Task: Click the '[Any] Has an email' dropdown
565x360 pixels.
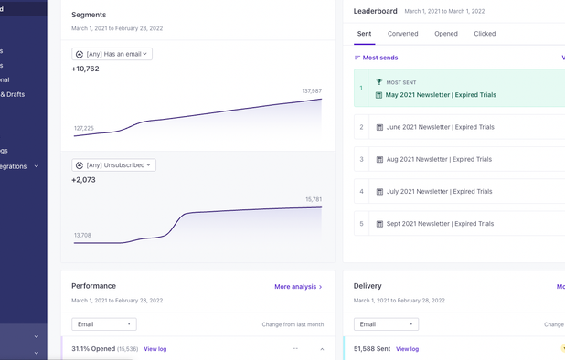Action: pos(112,54)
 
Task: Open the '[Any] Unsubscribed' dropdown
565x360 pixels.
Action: pos(113,165)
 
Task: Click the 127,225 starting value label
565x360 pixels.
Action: pos(83,128)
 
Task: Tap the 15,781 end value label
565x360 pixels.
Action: pos(314,199)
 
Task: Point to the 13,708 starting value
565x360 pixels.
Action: pos(81,235)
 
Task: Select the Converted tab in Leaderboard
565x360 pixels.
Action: pos(402,34)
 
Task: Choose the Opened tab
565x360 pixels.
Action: pos(446,34)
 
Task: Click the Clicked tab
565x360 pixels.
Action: pos(485,34)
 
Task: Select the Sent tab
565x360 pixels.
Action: pos(364,34)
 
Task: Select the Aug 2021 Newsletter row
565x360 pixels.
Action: pos(438,159)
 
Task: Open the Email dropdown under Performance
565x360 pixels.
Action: pos(104,324)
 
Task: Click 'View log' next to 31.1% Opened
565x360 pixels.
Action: pos(155,349)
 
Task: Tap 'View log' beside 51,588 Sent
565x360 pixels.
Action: pos(407,349)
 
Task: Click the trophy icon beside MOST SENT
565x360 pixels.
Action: pos(379,82)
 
